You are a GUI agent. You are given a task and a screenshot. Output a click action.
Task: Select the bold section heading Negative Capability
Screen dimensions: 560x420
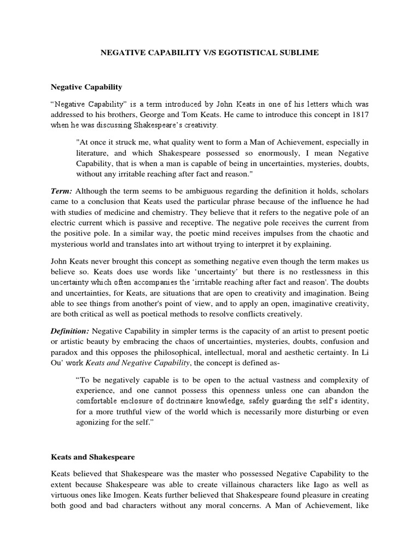(86, 86)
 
